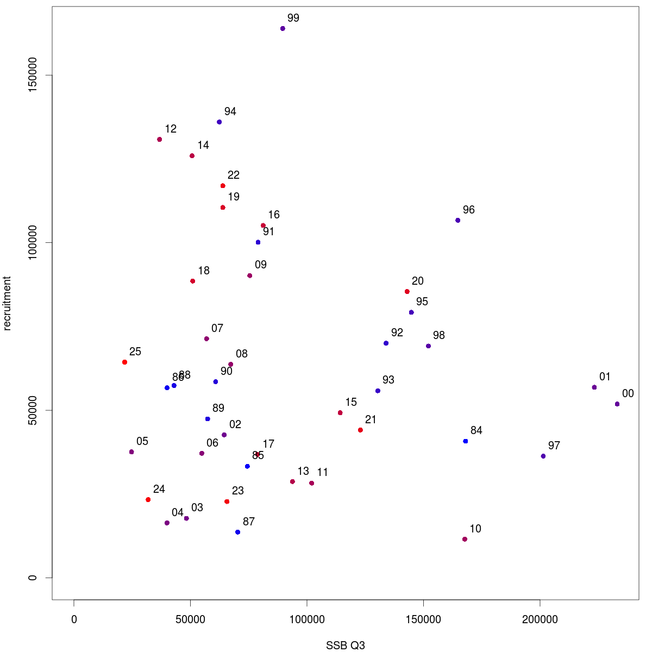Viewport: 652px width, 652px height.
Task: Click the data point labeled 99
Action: point(283,28)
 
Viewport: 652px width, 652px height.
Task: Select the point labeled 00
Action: point(617,404)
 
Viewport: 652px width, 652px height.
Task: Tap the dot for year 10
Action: point(465,539)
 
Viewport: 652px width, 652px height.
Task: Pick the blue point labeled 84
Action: point(466,441)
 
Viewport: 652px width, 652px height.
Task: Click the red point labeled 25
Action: point(125,362)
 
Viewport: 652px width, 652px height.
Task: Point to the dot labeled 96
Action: point(458,220)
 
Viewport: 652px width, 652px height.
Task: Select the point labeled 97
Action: point(543,456)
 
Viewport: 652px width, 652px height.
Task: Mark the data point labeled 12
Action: point(159,139)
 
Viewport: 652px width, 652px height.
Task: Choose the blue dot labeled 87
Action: point(238,532)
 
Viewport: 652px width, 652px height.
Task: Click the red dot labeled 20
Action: point(407,292)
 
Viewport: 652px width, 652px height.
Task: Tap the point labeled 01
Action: point(594,387)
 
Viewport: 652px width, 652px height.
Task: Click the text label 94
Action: point(230,111)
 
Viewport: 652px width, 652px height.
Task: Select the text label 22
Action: point(234,175)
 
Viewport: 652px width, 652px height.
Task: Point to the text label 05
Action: point(142,441)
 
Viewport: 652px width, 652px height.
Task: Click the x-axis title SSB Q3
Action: point(346,645)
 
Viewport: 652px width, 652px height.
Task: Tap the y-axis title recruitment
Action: point(7,303)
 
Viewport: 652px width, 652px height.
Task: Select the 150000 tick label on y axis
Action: point(33,76)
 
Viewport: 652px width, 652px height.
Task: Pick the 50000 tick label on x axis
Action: point(190,619)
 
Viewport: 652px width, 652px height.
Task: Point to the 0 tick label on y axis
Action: point(33,578)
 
